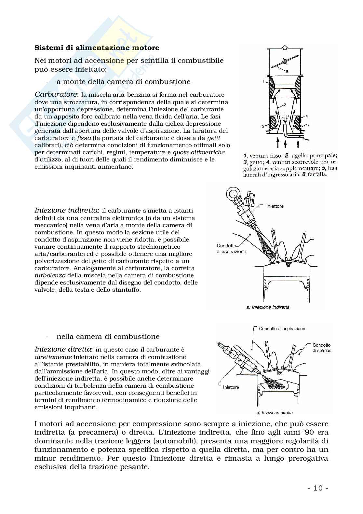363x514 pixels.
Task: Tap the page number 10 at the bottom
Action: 318,488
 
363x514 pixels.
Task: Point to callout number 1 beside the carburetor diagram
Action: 263,82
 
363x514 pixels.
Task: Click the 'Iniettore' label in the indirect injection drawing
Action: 275,206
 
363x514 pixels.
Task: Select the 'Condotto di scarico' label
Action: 322,348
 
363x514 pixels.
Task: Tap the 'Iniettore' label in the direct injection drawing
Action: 231,387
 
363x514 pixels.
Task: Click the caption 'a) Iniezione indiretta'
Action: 268,307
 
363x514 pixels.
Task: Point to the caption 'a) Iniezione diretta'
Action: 275,412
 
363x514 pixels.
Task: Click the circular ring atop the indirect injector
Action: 233,194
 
